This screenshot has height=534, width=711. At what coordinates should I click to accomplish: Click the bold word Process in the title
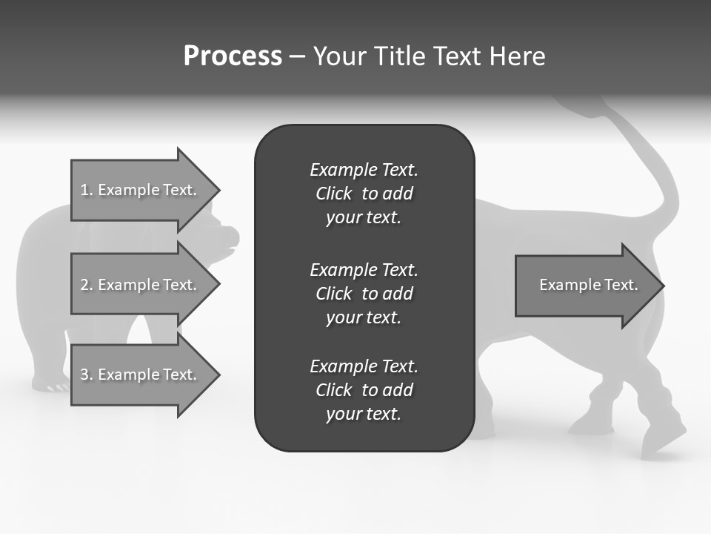(x=233, y=56)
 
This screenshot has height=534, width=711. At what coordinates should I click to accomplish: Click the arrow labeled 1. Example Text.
(x=141, y=190)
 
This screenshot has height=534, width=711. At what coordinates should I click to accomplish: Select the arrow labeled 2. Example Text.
(x=141, y=285)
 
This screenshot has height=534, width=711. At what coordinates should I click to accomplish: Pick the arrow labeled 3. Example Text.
(x=141, y=375)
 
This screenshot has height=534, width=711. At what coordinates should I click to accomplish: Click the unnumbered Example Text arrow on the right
(x=585, y=285)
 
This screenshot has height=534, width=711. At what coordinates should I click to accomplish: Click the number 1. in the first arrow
(x=87, y=190)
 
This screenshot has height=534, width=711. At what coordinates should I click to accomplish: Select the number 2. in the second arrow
(x=87, y=285)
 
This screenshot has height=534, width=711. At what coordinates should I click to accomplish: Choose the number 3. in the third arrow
(x=87, y=375)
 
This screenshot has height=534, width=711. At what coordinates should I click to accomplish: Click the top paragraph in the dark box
(x=364, y=194)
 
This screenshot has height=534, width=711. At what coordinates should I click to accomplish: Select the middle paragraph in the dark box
(x=364, y=293)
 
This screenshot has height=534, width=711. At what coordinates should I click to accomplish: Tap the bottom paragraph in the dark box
(x=364, y=390)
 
